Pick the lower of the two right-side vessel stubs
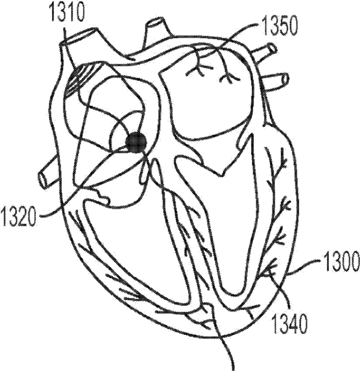277,79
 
